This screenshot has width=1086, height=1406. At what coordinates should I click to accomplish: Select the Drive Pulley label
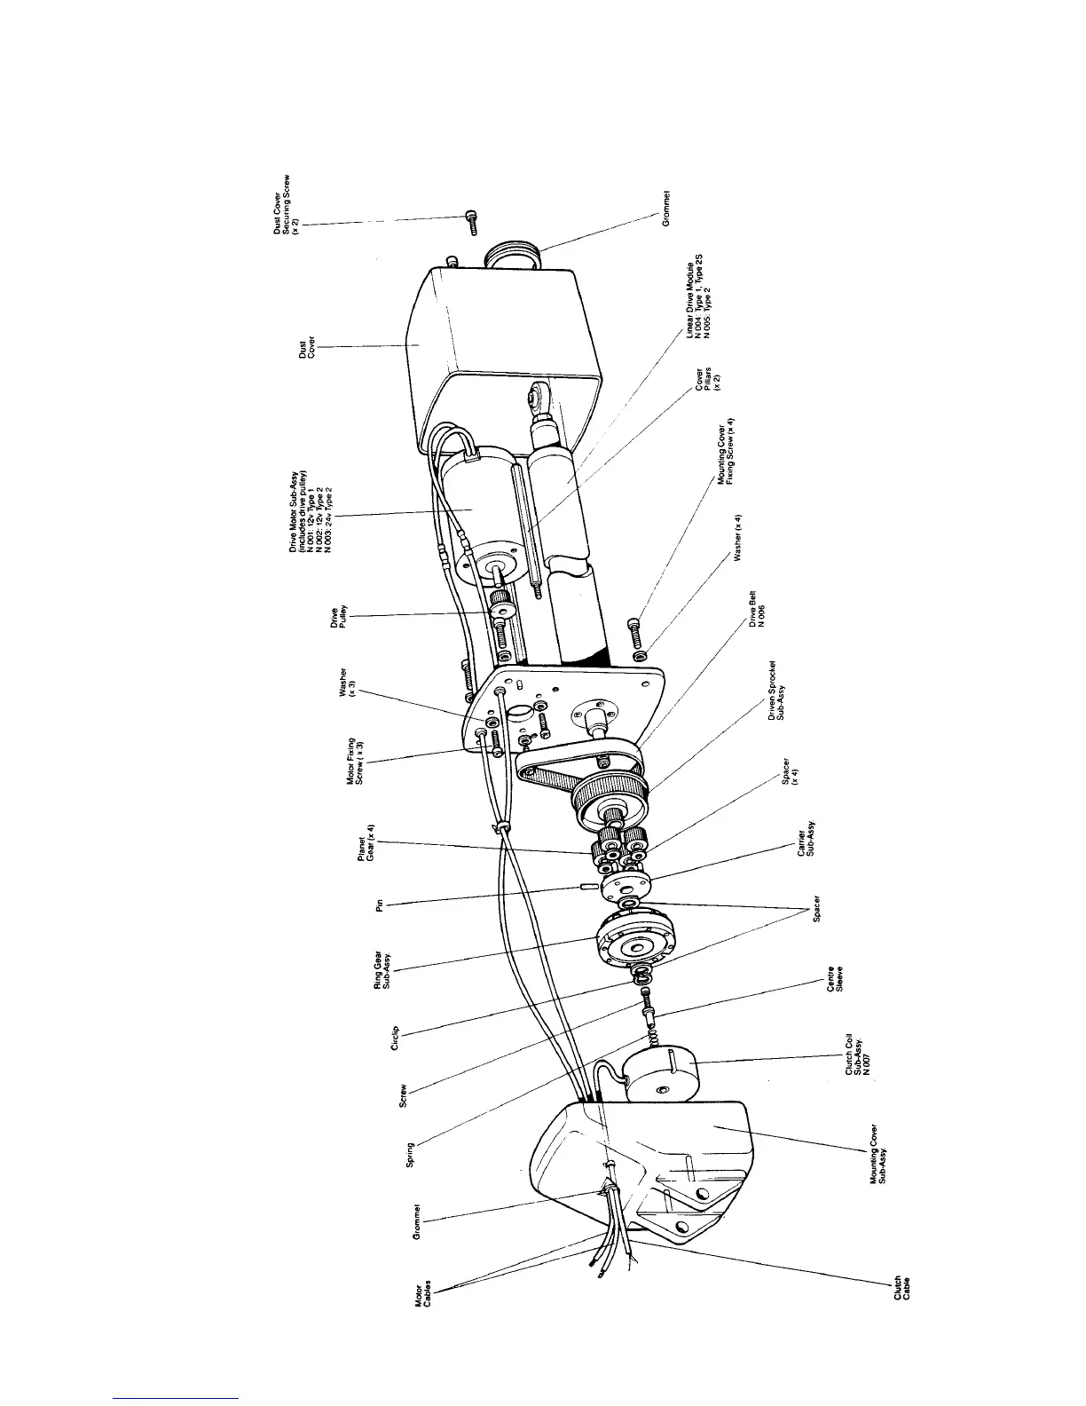click(338, 615)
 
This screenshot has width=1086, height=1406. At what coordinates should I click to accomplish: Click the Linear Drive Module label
click(697, 297)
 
